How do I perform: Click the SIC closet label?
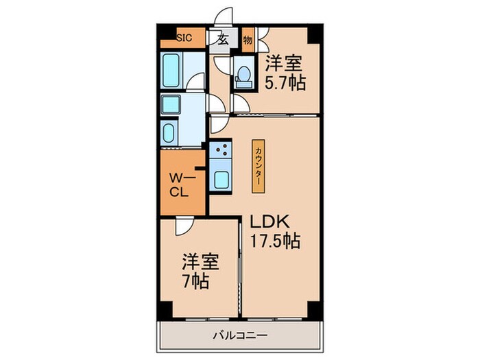[184, 38]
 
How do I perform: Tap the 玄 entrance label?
[223, 40]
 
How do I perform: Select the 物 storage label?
[248, 40]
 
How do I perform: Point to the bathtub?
[171, 71]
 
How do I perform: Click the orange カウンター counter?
[259, 166]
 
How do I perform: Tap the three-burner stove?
[220, 149]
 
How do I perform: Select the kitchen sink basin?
[221, 180]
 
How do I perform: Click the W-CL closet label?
[182, 184]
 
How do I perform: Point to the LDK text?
[270, 221]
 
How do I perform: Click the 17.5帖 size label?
[275, 241]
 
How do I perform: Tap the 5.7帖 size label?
[285, 82]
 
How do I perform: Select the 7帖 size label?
[196, 280]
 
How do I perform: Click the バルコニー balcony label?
[240, 335]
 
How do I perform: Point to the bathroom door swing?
[195, 82]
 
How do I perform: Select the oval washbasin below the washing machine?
[169, 133]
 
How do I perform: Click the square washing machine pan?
[170, 105]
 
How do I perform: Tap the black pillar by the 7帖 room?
[165, 310]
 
